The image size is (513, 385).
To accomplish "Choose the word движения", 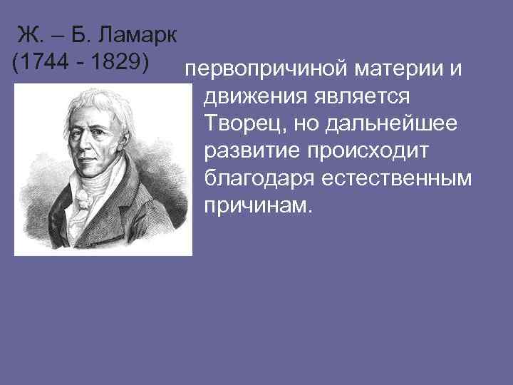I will (x=252, y=98).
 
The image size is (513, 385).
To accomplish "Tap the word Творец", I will (x=240, y=125).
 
